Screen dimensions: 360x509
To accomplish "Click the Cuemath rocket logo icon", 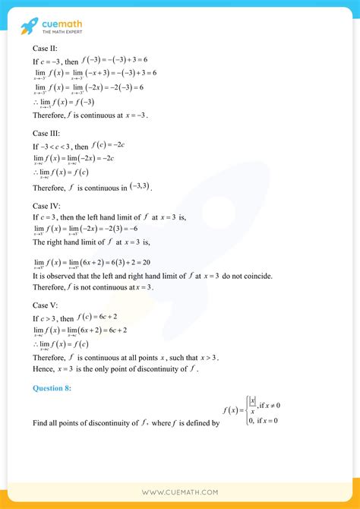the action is [x=29, y=27].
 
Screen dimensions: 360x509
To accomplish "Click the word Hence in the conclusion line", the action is [x=44, y=368].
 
